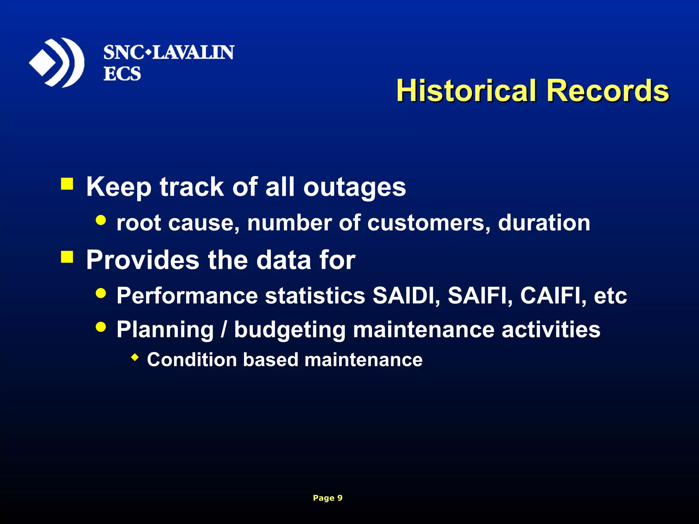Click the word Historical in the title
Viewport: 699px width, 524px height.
pyautogui.click(x=466, y=91)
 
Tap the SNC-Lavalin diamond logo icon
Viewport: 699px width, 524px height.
pyautogui.click(x=56, y=63)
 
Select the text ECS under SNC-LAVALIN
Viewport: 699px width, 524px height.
pyautogui.click(x=122, y=74)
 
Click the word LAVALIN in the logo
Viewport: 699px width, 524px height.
pyautogui.click(x=193, y=53)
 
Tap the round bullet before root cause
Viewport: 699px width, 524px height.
pyautogui.click(x=101, y=220)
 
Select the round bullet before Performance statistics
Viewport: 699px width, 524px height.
pyautogui.click(x=101, y=293)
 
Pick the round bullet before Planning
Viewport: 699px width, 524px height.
pyautogui.click(x=101, y=327)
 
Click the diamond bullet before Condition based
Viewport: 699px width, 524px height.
pyautogui.click(x=135, y=358)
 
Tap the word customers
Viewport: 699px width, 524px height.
pyautogui.click(x=429, y=223)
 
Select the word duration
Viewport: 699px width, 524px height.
pyautogui.click(x=544, y=223)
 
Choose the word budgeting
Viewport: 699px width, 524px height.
pyautogui.click(x=289, y=330)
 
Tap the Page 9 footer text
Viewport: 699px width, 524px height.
pyautogui.click(x=327, y=498)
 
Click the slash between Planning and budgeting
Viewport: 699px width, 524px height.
pyautogui.click(x=224, y=330)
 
